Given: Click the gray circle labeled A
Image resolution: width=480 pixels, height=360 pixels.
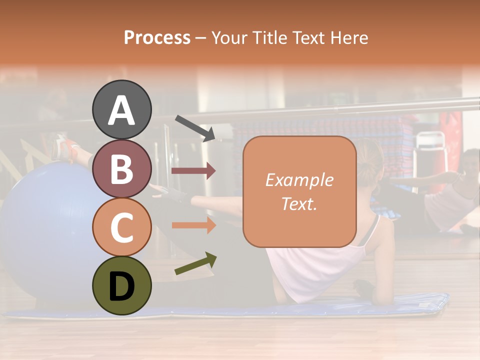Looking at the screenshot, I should coord(121,109).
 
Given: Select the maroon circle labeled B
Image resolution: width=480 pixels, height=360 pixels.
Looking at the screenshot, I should coord(121,168).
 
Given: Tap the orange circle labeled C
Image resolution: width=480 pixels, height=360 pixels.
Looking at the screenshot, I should coord(121,227).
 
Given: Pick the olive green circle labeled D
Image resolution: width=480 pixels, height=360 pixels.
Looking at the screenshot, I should coord(121,285).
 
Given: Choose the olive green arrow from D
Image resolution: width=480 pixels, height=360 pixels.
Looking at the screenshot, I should coord(195,263).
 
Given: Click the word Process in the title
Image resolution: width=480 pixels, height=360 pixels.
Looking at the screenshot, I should coord(157,37).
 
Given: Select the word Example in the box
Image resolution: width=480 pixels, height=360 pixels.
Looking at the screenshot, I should coord(299,180).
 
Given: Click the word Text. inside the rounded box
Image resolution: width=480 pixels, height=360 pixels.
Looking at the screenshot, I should coord(299,203).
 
